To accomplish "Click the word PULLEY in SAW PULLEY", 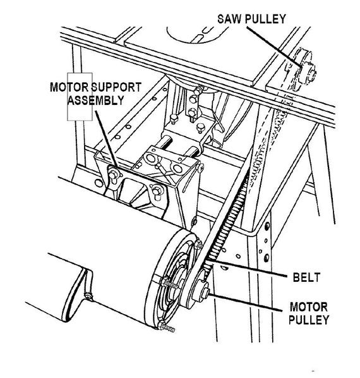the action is point(265,19).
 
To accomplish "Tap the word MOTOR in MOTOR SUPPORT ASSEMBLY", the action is point(69,87).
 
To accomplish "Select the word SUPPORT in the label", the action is point(116,87).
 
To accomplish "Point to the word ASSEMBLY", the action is point(95,100).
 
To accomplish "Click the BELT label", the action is point(306,277).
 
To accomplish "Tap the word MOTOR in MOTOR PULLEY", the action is point(308,307).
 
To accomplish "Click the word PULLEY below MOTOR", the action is point(309,320).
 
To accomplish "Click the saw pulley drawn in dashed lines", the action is point(304,69).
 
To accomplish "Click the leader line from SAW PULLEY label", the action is point(274,46).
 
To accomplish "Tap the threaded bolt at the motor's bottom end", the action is point(167,327).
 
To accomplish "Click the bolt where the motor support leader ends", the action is point(113,174).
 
